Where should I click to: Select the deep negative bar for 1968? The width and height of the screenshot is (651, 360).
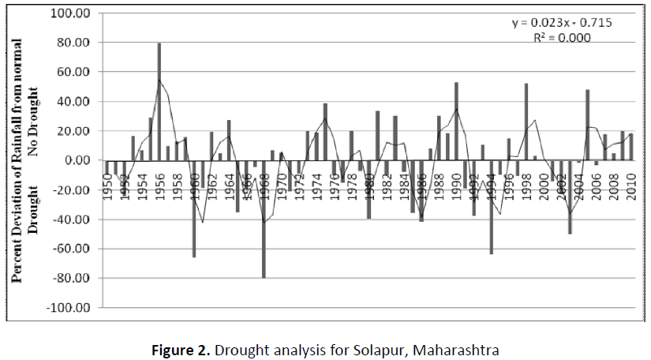264,219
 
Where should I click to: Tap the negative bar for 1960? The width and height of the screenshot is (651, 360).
194,208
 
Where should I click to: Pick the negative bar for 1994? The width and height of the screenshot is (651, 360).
491,207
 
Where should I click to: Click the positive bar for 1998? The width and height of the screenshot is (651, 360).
526,122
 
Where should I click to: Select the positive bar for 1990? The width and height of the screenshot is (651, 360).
456,121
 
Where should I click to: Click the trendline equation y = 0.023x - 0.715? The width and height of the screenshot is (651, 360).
561,22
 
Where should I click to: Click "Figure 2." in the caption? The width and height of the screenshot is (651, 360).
182,348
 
